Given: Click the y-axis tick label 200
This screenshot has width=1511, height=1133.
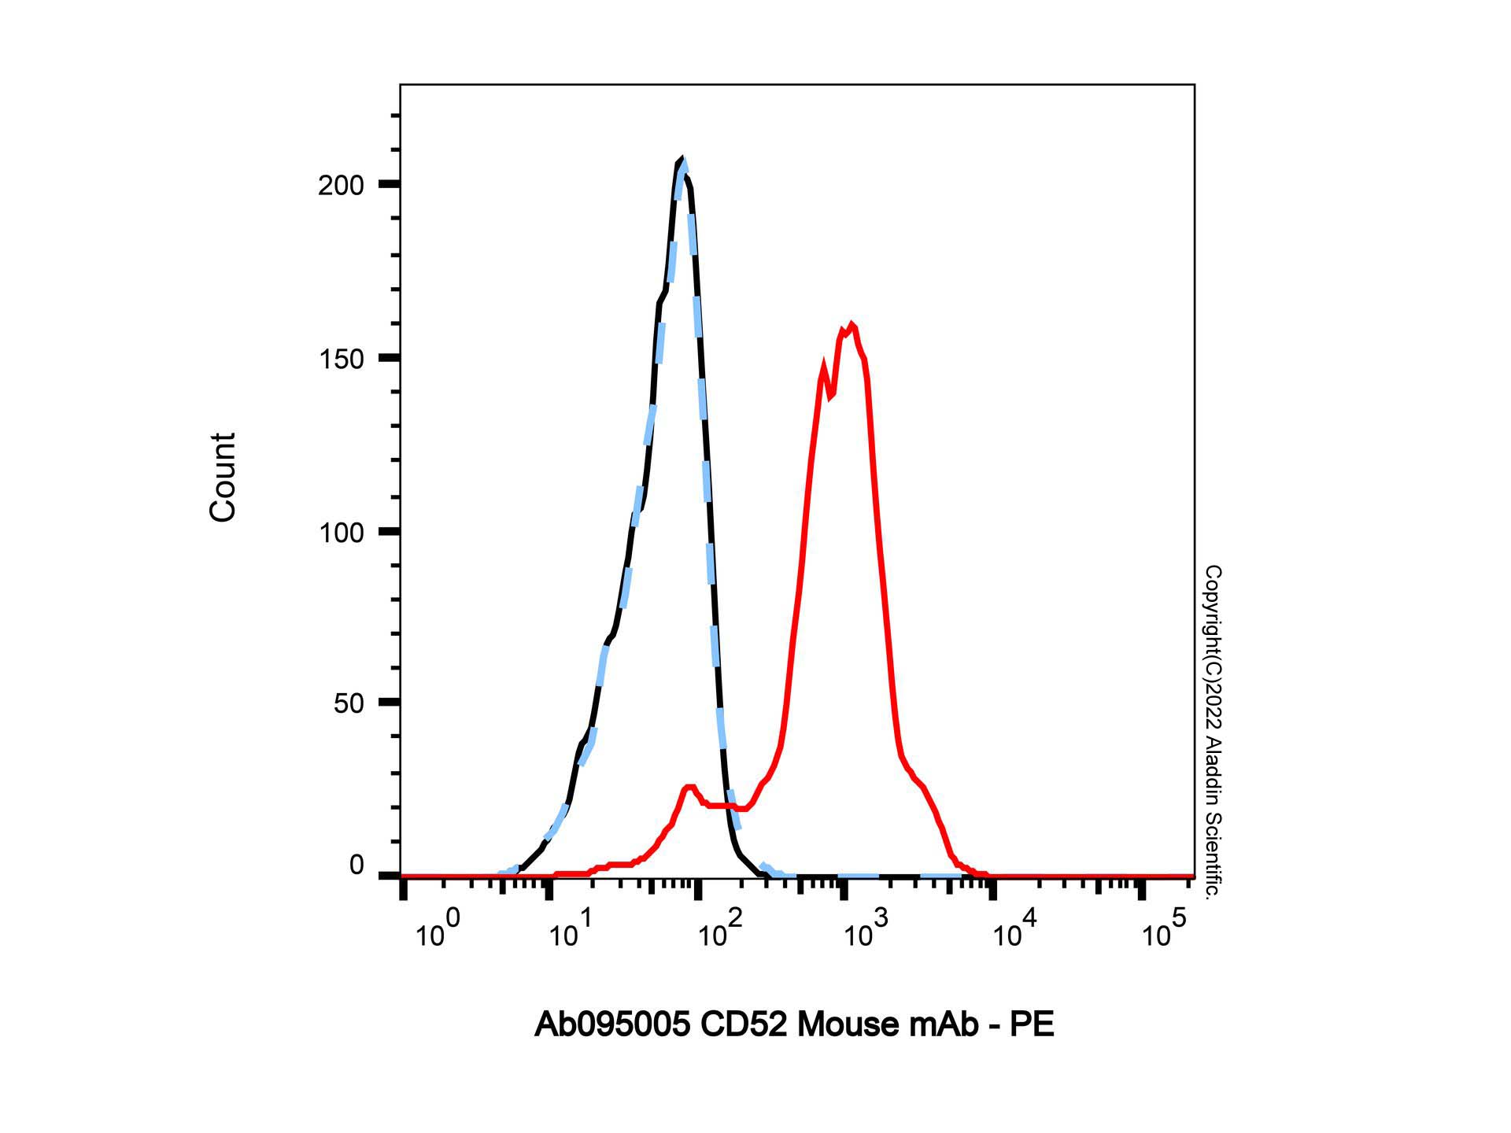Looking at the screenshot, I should tap(341, 186).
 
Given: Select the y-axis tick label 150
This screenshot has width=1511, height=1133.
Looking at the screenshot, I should tap(341, 359).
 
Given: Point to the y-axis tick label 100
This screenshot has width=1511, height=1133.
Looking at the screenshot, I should tap(341, 533).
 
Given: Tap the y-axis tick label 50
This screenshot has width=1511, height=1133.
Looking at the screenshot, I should tap(349, 703).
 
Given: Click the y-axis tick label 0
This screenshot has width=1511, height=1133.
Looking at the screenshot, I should tap(356, 865).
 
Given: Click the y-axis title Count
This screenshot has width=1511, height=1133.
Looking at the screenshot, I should tap(223, 477).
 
